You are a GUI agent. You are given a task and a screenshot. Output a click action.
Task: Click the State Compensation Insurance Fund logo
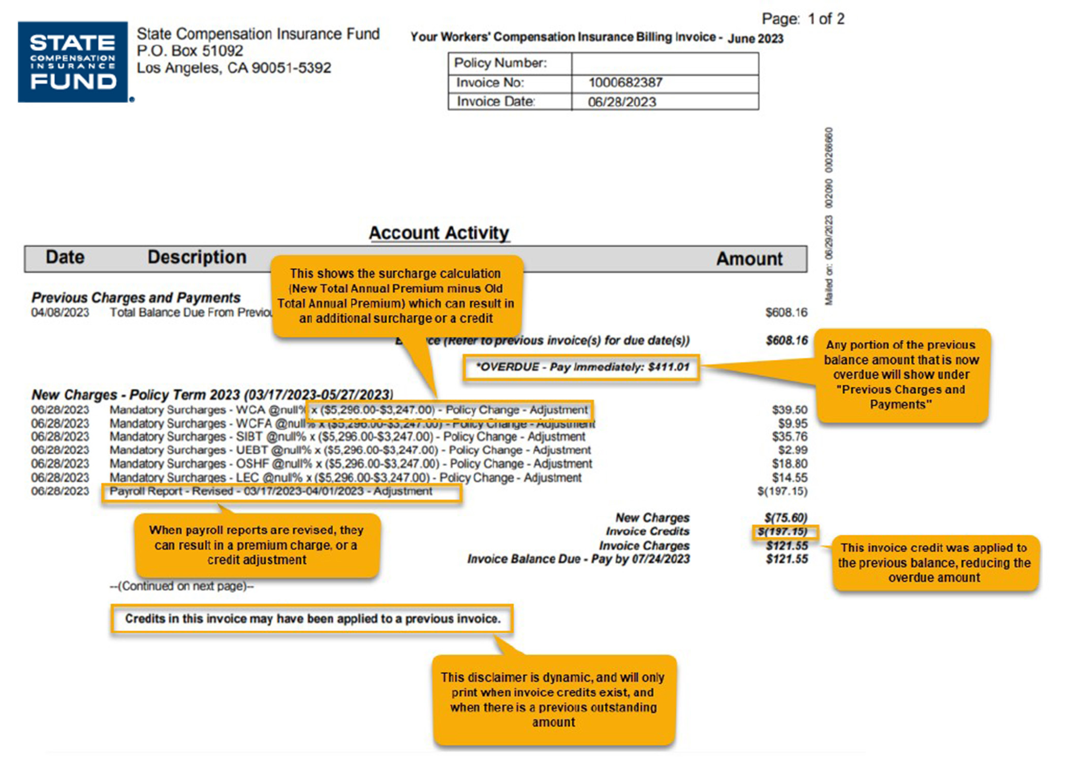pyautogui.click(x=73, y=62)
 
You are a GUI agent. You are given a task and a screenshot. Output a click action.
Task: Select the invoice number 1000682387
pyautogui.click(x=625, y=83)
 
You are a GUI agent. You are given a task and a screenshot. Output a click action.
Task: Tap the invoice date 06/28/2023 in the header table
pyautogui.click(x=622, y=102)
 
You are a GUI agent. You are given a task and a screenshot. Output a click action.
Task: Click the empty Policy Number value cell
pyautogui.click(x=665, y=63)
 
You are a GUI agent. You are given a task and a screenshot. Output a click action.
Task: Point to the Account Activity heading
pyautogui.click(x=438, y=233)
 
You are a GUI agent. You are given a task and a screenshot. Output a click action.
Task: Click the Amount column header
pyautogui.click(x=749, y=259)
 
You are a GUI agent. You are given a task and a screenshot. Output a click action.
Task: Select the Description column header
pyautogui.click(x=197, y=258)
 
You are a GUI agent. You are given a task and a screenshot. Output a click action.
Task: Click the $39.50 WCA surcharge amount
pyautogui.click(x=789, y=410)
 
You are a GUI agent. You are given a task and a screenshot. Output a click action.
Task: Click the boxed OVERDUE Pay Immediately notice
pyautogui.click(x=581, y=367)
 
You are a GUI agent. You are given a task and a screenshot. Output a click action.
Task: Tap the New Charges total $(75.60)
pyautogui.click(x=786, y=518)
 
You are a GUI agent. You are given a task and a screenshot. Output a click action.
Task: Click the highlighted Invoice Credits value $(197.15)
pyautogui.click(x=782, y=532)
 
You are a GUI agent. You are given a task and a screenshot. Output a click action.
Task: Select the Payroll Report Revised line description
pyautogui.click(x=271, y=491)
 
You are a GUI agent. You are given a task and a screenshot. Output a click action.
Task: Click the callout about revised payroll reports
pyautogui.click(x=257, y=545)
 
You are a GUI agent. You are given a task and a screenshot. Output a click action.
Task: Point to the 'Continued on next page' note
pyautogui.click(x=181, y=586)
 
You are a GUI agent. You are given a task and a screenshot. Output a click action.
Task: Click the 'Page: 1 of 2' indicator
pyautogui.click(x=802, y=19)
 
